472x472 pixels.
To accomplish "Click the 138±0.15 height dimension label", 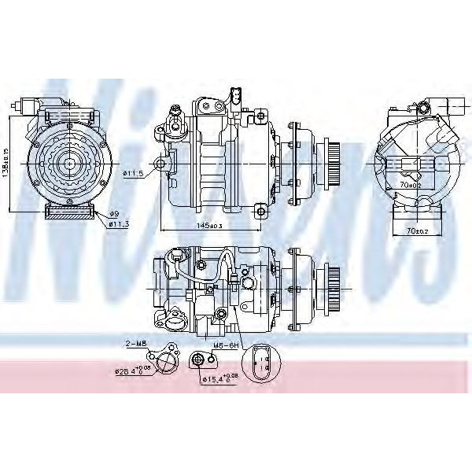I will coord(7,162).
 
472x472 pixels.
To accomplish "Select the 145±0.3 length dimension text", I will coord(210,225).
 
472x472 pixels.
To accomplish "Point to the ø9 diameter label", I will coord(114,214).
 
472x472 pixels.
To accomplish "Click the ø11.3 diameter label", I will coord(117,224).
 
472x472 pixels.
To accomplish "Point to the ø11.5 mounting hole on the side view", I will coord(160,164).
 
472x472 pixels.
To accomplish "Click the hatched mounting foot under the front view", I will coord(69,212).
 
